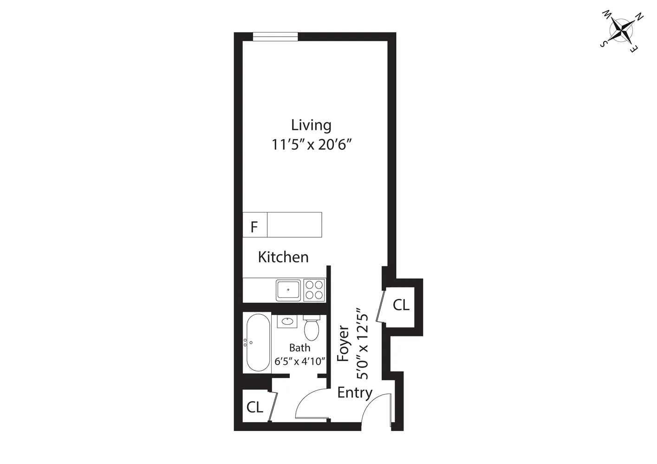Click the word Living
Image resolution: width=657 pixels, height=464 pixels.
[x=311, y=125]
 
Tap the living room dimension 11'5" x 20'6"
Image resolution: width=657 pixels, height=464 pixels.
[x=311, y=145]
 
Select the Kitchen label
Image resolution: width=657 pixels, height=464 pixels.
[x=283, y=257]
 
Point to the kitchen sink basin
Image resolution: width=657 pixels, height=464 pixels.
[x=288, y=290]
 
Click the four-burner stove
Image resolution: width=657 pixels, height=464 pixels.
[x=314, y=290]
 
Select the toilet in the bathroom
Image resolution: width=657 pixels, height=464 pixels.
[x=311, y=328]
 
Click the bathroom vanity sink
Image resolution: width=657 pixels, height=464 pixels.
[x=287, y=321]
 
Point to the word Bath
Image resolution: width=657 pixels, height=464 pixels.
[x=299, y=348]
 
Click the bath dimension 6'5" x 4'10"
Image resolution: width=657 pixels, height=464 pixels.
[x=299, y=361]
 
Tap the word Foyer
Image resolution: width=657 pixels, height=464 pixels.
[x=343, y=343]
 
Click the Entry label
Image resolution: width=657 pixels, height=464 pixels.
[x=355, y=393]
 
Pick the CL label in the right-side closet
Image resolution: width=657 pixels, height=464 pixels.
[x=401, y=305]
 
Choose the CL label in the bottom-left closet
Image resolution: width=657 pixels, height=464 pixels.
[x=254, y=407]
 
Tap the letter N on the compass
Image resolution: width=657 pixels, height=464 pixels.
[x=639, y=18]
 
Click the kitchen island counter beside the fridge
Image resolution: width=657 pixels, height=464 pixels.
[x=294, y=225]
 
